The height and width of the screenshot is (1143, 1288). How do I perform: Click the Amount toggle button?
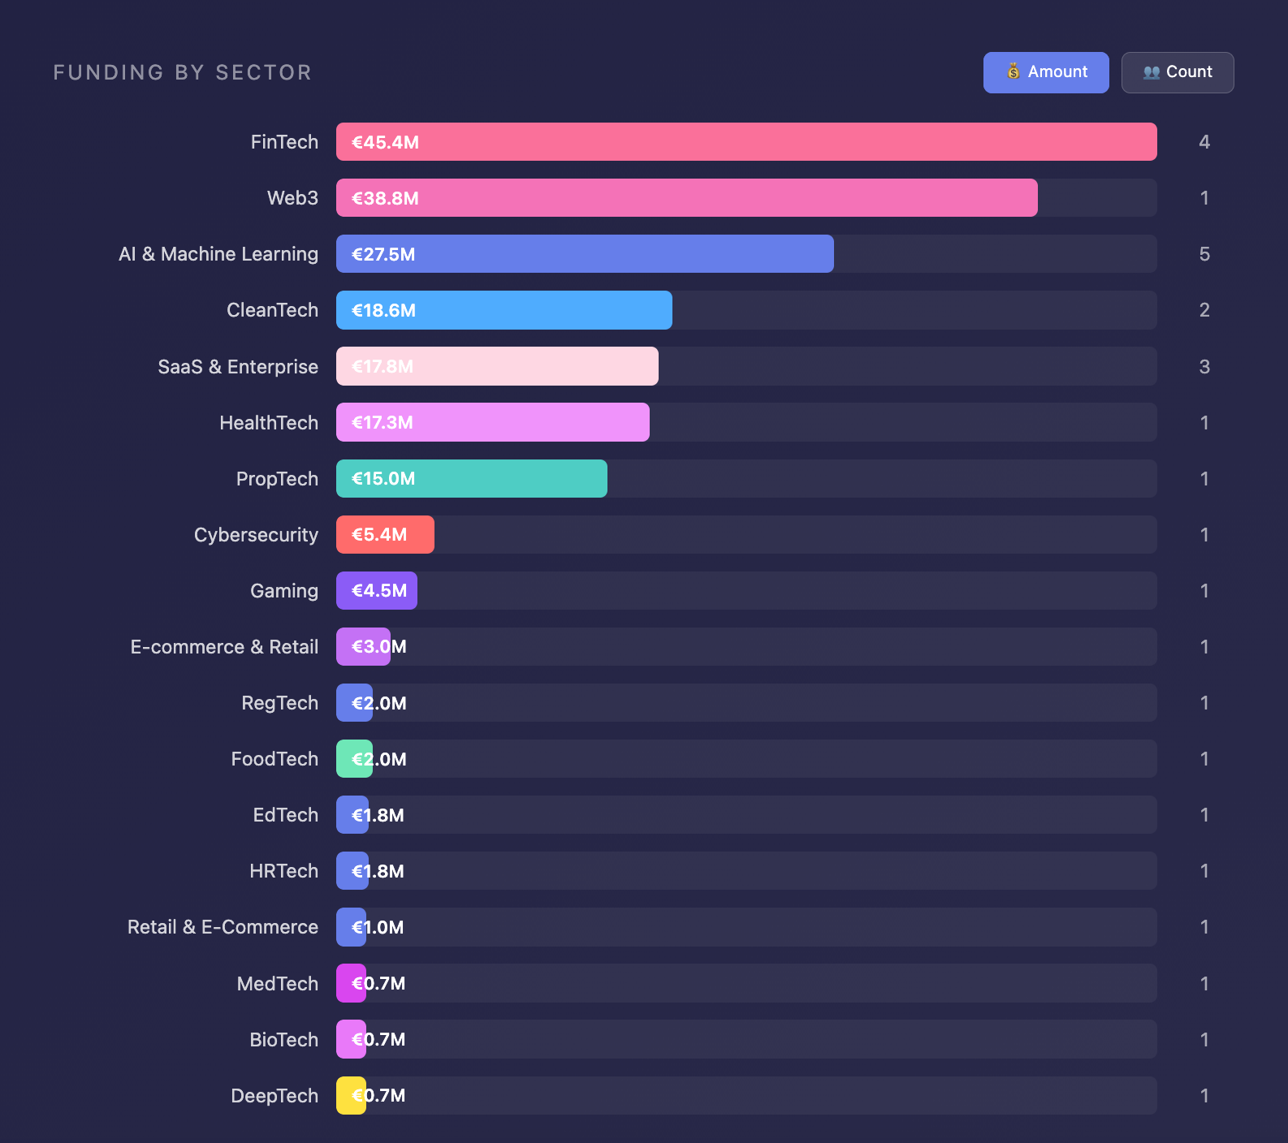1046,72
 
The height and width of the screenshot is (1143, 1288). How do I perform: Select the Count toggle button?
1178,72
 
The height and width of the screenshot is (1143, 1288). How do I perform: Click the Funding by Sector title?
183,72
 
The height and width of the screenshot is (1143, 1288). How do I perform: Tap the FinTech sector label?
284,142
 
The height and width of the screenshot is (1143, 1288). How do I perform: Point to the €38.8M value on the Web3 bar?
385,198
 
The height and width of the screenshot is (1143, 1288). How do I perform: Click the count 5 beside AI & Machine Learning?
1204,254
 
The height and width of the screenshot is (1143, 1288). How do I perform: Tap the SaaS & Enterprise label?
238,367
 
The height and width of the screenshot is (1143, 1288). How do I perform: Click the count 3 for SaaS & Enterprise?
1204,367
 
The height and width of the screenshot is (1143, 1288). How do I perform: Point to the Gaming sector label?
284,591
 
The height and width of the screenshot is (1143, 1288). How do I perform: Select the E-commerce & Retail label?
224,647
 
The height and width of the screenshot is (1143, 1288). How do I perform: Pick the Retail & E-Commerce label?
223,927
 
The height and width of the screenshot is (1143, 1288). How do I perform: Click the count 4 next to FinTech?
1204,142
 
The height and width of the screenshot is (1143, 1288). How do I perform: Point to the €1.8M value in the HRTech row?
378,871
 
